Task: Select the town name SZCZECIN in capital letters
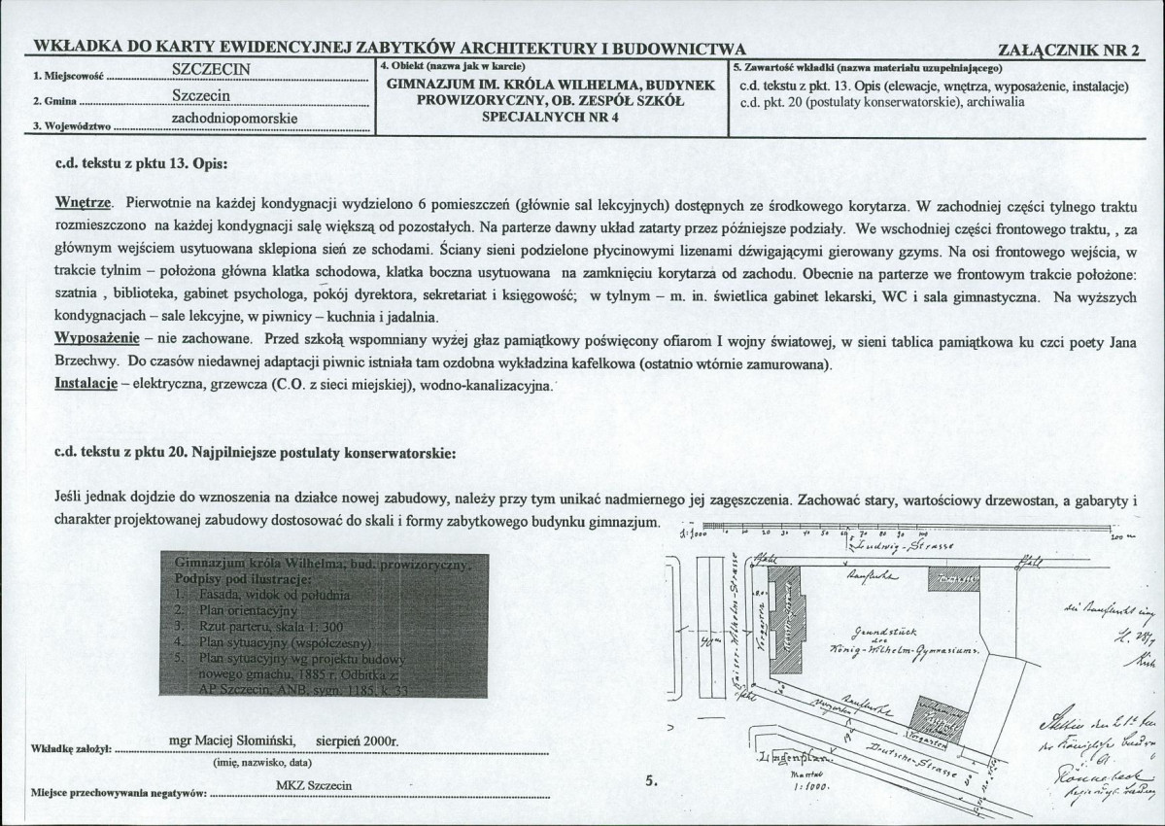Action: coord(212,69)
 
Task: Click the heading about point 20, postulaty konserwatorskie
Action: coord(255,453)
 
